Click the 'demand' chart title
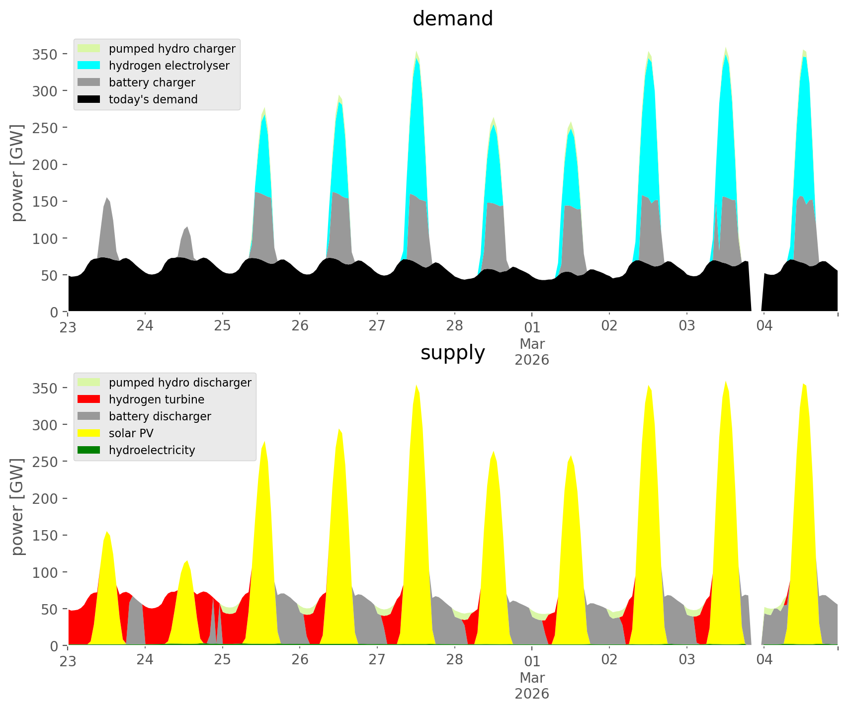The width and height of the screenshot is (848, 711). (452, 19)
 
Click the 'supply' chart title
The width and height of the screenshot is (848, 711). (452, 353)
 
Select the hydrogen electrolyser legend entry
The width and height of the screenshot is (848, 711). (169, 66)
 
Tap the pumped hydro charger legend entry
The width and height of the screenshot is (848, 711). (171, 49)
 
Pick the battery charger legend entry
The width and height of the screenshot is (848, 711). (152, 82)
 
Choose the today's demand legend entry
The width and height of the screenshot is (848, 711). (153, 99)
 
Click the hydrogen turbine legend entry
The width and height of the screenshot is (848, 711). (156, 399)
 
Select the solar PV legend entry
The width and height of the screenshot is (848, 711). (131, 433)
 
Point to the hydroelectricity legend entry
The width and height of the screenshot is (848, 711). (152, 450)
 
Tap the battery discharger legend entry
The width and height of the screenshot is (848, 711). (160, 416)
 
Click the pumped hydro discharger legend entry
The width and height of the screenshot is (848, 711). (179, 383)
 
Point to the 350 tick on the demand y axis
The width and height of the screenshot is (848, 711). (45, 54)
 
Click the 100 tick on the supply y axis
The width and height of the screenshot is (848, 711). (45, 572)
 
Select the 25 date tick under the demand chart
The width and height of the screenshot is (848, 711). (222, 326)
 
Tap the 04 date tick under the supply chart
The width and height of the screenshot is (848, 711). (764, 660)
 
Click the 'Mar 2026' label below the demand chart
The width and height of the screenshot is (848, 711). (532, 352)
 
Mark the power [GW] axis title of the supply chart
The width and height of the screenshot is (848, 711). (18, 507)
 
